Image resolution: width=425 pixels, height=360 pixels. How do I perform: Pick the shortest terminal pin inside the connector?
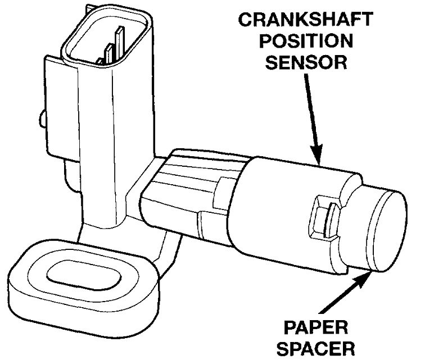point(100,59)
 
